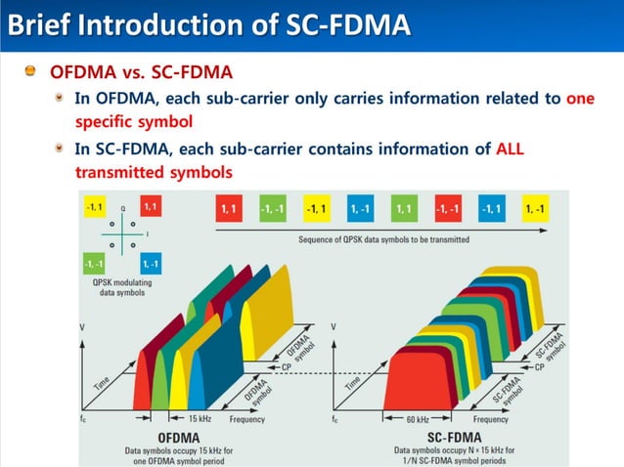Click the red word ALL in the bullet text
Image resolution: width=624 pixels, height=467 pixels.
511,149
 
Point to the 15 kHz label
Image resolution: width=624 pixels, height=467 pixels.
201,419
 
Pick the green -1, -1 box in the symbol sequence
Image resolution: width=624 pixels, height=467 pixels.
272,209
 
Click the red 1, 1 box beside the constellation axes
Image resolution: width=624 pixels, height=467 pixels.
152,207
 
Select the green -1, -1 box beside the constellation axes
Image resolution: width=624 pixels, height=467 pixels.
95,264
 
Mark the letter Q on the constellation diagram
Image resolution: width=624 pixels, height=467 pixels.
123,209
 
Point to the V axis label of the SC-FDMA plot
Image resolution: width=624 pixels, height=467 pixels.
334,325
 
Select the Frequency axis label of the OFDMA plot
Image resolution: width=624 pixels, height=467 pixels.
246,419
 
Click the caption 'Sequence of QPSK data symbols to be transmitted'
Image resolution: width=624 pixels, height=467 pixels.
383,238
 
